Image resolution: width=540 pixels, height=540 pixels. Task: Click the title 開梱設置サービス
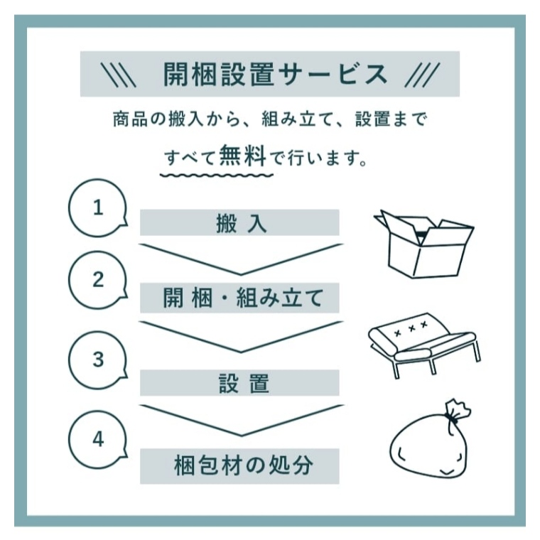point(275,75)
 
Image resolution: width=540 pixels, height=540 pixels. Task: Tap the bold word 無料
point(243,156)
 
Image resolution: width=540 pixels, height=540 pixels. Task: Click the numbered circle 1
point(98,207)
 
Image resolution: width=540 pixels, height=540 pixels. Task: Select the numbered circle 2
point(98,280)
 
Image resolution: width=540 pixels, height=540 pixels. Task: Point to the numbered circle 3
point(98,360)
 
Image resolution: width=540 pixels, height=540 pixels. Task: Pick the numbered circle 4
point(98,439)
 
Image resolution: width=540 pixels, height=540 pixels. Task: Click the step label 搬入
point(242,224)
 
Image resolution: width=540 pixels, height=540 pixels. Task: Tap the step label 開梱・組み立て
point(243,298)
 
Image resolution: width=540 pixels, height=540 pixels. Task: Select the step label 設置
point(244,383)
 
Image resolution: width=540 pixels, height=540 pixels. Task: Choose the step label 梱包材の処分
point(244,465)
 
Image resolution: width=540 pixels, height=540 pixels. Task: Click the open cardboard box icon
point(424,244)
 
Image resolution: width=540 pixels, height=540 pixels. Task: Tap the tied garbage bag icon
point(431,440)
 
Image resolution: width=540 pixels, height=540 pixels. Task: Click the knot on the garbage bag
point(452,419)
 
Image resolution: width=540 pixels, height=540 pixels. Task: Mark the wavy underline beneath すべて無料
point(217,175)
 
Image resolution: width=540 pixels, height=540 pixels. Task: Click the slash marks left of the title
point(120,75)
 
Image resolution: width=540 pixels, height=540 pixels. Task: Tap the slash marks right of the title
point(422,75)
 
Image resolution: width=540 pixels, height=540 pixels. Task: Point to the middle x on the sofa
point(411,328)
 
